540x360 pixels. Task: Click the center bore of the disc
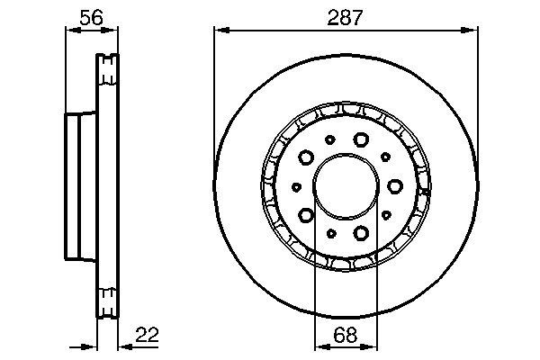pos(346,186)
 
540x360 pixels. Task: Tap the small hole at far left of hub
pos(296,186)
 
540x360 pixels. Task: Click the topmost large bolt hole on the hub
pos(361,139)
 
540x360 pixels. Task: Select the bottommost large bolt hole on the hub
pos(361,234)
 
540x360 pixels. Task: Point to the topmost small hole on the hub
pos(330,139)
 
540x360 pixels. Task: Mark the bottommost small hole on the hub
pos(330,233)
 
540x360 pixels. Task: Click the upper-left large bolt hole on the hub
pos(306,157)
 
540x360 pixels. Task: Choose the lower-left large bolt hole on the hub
pos(306,215)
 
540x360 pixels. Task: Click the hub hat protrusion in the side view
pos(79,186)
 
